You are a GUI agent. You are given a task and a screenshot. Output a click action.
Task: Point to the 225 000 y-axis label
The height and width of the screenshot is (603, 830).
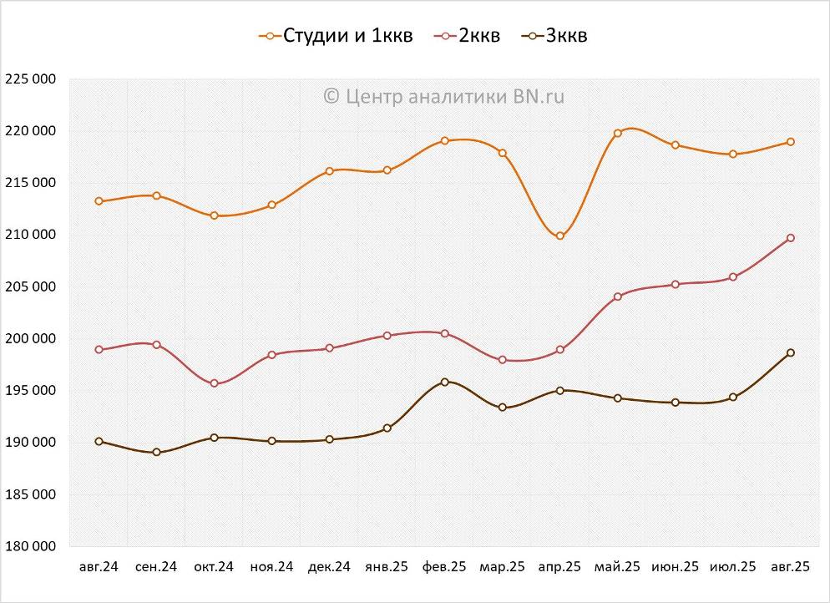pyautogui.click(x=30, y=79)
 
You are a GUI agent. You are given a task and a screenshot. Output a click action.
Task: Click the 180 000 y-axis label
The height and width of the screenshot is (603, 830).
pyautogui.click(x=30, y=546)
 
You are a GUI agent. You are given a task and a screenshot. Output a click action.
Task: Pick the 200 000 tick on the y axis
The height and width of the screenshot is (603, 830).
pyautogui.click(x=30, y=339)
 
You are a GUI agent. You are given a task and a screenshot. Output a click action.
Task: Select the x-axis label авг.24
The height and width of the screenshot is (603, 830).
pyautogui.click(x=99, y=567)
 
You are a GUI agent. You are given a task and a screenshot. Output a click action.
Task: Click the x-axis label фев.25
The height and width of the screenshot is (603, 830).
pyautogui.click(x=444, y=567)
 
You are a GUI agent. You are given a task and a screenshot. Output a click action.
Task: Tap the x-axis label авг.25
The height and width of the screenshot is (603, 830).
pyautogui.click(x=790, y=567)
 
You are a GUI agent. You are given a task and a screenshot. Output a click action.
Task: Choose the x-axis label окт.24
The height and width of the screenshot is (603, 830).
pyautogui.click(x=214, y=567)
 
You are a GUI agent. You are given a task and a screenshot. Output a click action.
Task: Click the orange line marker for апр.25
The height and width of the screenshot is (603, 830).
pyautogui.click(x=560, y=236)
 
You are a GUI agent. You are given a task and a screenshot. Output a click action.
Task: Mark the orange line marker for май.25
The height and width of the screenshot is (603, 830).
pyautogui.click(x=618, y=134)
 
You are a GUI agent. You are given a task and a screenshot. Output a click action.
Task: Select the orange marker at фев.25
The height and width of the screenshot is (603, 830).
pyautogui.click(x=445, y=141)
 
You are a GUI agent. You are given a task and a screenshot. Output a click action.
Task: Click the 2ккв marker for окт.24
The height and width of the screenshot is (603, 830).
pyautogui.click(x=214, y=383)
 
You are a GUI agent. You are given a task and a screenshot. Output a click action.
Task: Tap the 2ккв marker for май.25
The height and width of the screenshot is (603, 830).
pyautogui.click(x=618, y=296)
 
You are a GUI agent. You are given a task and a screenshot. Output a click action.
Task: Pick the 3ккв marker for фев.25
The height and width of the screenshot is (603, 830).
pyautogui.click(x=444, y=382)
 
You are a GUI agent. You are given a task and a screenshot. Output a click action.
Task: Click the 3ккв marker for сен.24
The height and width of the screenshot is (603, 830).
pyautogui.click(x=156, y=453)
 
